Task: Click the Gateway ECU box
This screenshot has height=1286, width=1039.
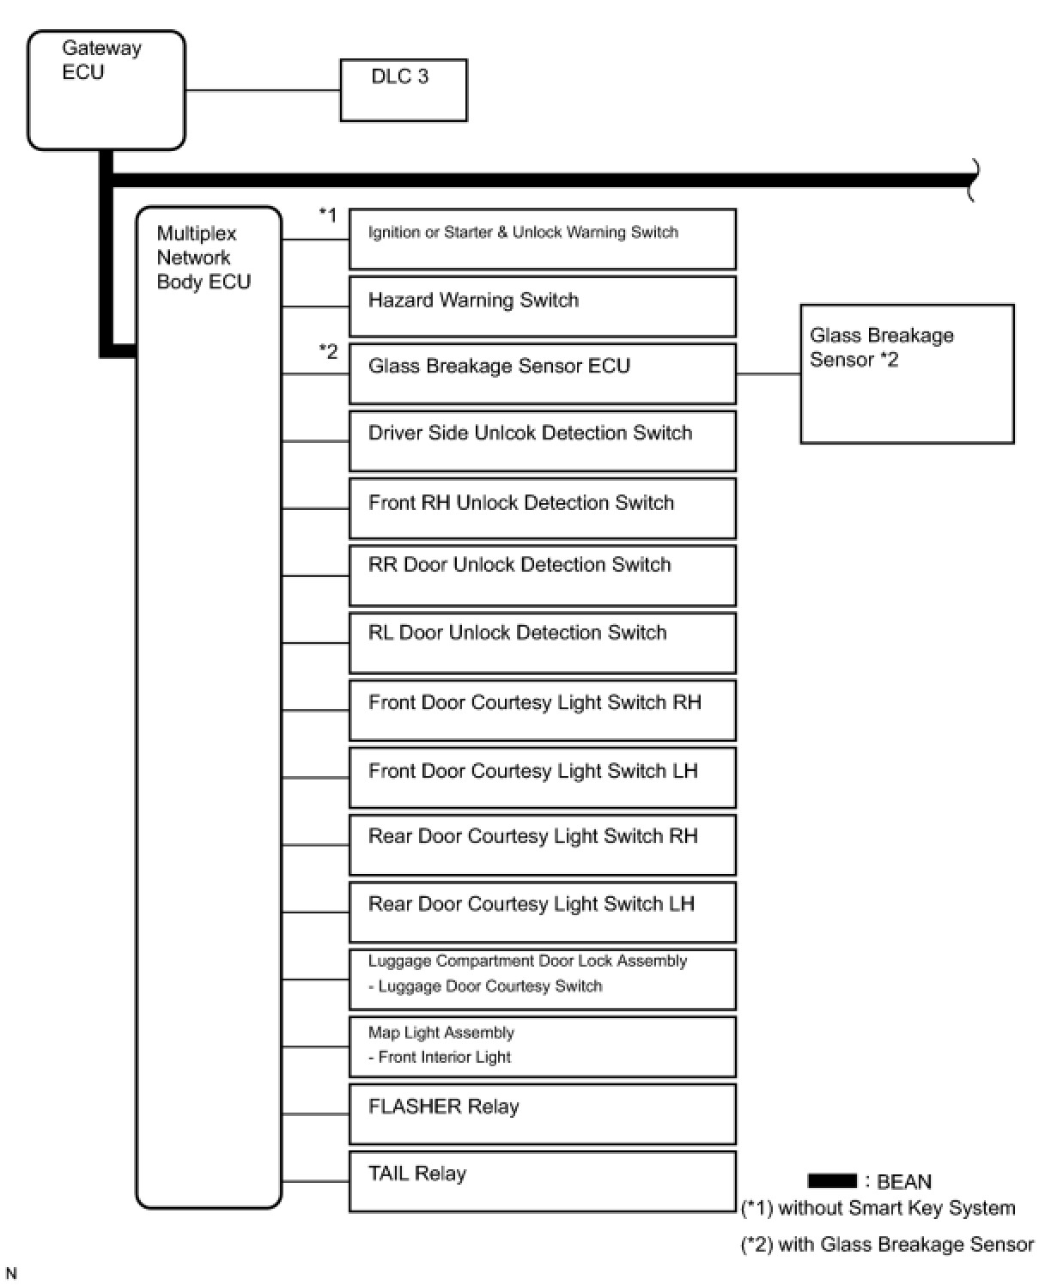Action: click(x=106, y=90)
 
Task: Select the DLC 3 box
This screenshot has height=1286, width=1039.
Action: click(x=404, y=90)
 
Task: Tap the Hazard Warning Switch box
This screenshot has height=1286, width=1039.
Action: click(x=542, y=306)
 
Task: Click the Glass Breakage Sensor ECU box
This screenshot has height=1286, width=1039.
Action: click(x=542, y=373)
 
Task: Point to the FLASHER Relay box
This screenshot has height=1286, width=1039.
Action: click(x=542, y=1113)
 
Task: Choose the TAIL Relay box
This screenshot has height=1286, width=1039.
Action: click(x=542, y=1181)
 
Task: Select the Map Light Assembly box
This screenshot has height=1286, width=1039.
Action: click(x=542, y=1046)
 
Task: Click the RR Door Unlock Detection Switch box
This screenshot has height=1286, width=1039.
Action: click(x=542, y=575)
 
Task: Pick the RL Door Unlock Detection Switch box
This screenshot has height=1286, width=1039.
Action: click(x=542, y=642)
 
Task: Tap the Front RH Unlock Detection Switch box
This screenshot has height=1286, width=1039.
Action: click(x=542, y=508)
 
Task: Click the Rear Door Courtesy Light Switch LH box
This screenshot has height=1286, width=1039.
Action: click(x=542, y=912)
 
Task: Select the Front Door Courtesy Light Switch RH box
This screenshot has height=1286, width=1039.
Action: click(x=542, y=710)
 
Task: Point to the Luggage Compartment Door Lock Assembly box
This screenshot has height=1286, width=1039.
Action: click(x=542, y=979)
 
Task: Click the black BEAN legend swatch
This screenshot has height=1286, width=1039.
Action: click(x=831, y=1181)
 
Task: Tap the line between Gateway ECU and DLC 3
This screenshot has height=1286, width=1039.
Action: click(x=263, y=90)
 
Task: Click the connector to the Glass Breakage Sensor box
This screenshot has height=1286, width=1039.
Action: click(x=768, y=373)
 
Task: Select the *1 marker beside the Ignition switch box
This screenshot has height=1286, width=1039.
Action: click(x=328, y=215)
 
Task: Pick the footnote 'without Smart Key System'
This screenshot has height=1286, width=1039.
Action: click(x=878, y=1208)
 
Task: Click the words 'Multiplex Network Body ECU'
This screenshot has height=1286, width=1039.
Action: click(x=203, y=258)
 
